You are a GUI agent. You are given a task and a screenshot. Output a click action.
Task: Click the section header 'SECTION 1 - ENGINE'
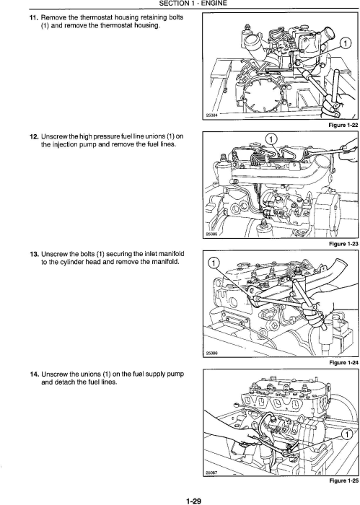click(x=193, y=4)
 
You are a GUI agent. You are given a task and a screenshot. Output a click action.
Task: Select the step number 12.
click(x=34, y=136)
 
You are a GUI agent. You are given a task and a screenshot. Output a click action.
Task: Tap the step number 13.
click(x=34, y=255)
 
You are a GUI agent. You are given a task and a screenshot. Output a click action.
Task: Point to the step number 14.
click(x=34, y=374)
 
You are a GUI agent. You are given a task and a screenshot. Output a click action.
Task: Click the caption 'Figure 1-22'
click(x=343, y=126)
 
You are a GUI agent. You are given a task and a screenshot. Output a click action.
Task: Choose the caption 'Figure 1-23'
click(x=343, y=244)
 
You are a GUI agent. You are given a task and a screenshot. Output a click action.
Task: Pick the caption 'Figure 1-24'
click(x=343, y=363)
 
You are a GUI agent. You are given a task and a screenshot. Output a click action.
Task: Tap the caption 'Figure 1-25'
click(x=343, y=481)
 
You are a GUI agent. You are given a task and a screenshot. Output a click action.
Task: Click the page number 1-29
click(x=193, y=501)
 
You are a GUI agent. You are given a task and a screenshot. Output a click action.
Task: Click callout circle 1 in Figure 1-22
click(x=345, y=43)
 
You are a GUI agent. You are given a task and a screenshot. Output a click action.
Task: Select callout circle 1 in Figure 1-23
click(x=271, y=139)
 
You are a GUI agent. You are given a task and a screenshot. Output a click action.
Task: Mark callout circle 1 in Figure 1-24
click(x=213, y=263)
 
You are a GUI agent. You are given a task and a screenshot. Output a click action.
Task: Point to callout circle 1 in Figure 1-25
click(x=347, y=435)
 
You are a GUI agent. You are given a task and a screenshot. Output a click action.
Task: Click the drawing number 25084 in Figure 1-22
click(x=210, y=117)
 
